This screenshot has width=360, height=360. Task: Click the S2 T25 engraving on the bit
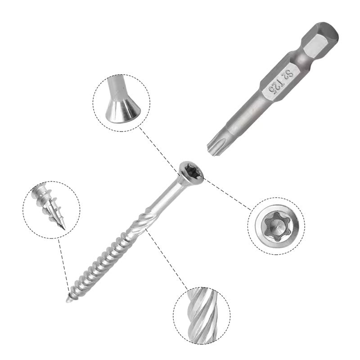click(x=276, y=82)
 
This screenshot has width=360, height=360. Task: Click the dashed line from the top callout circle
click(x=157, y=148)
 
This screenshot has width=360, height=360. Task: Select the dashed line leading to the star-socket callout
click(x=227, y=194)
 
